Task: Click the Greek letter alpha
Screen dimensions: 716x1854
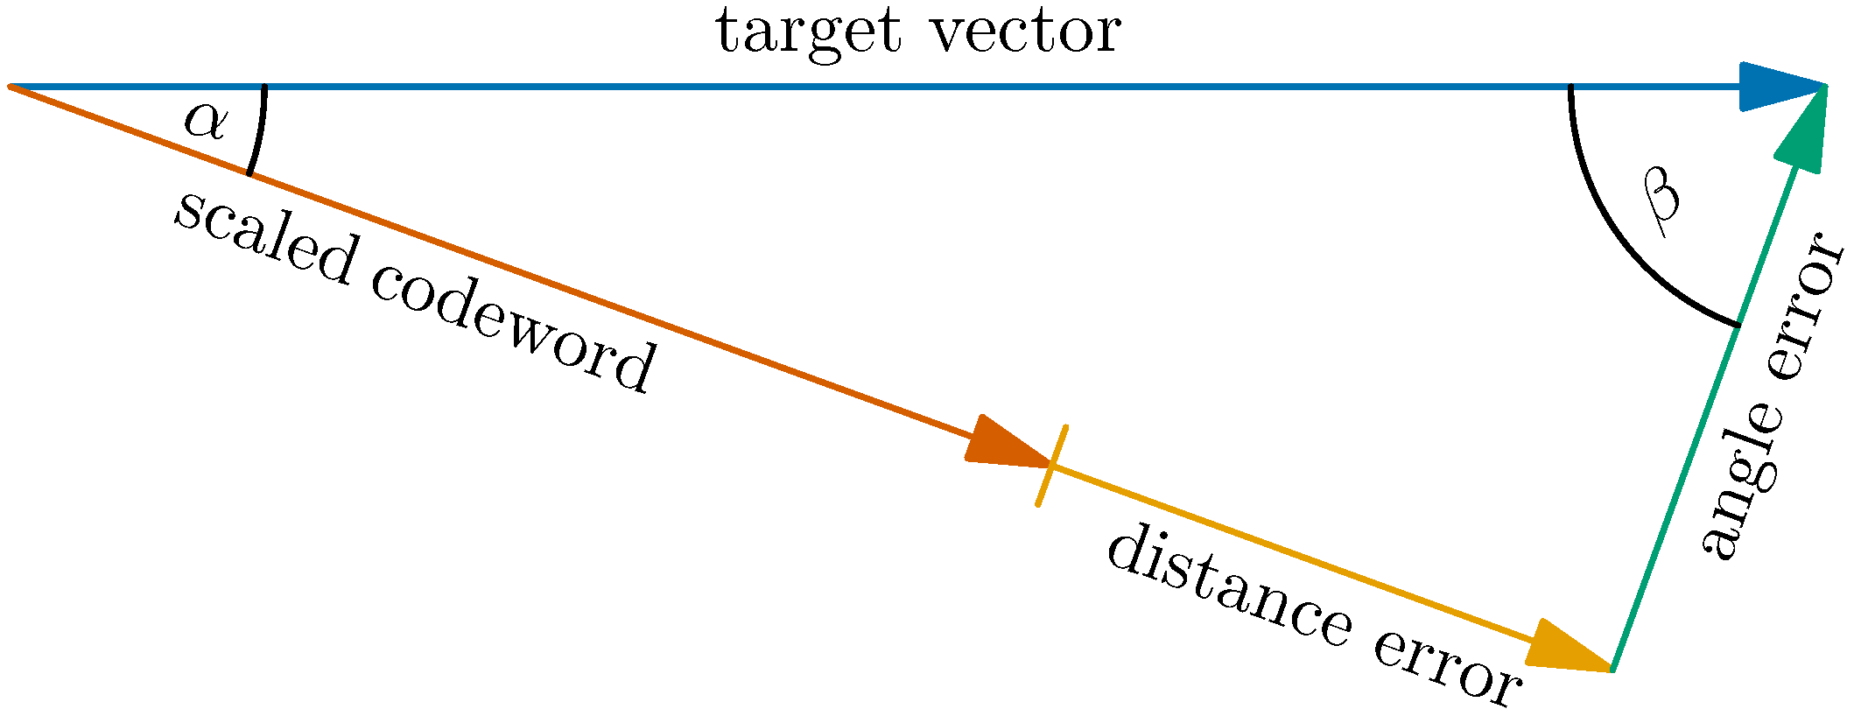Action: coord(205,123)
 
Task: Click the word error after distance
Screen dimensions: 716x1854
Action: coord(1444,669)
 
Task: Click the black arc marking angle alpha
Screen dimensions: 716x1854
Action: coord(261,131)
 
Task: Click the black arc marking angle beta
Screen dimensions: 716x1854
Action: coord(1619,245)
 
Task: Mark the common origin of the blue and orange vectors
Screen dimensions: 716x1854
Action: coord(11,87)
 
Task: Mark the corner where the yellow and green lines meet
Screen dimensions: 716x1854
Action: coord(1611,670)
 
